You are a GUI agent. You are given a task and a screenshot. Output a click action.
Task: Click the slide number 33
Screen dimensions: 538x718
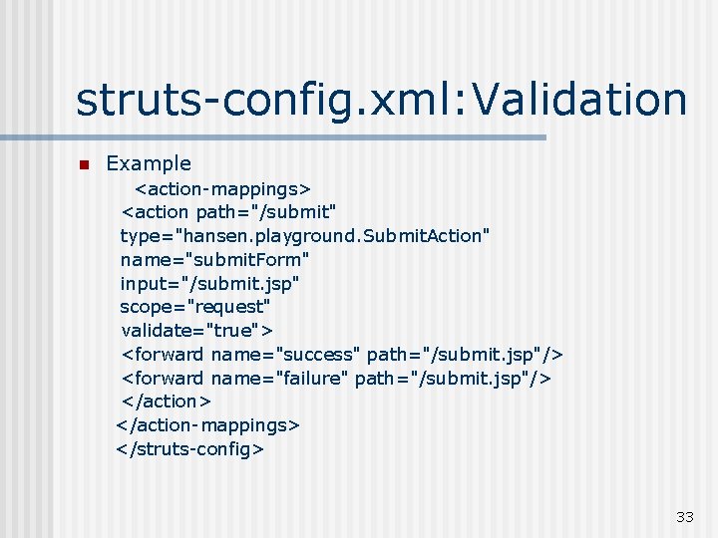pos(684,516)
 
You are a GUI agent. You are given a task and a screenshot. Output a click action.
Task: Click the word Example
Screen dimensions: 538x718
pos(149,163)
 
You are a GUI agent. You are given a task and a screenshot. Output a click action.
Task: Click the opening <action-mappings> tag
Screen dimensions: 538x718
pos(223,188)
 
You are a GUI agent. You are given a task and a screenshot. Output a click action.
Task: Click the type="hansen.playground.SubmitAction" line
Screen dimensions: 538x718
pos(304,235)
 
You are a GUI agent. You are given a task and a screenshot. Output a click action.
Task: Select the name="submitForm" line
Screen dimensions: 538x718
pos(214,259)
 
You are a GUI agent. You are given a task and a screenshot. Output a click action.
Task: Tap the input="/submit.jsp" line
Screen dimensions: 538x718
pos(209,283)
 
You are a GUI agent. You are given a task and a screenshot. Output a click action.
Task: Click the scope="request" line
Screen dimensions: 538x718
pos(195,306)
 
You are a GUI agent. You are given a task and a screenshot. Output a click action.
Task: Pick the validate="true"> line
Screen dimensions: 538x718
pos(197,330)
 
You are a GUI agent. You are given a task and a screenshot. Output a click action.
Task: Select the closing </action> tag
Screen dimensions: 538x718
pos(166,401)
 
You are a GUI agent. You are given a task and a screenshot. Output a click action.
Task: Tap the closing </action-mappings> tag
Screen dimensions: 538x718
pos(207,424)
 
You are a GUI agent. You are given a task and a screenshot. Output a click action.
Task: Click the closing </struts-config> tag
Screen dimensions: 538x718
pos(189,448)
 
